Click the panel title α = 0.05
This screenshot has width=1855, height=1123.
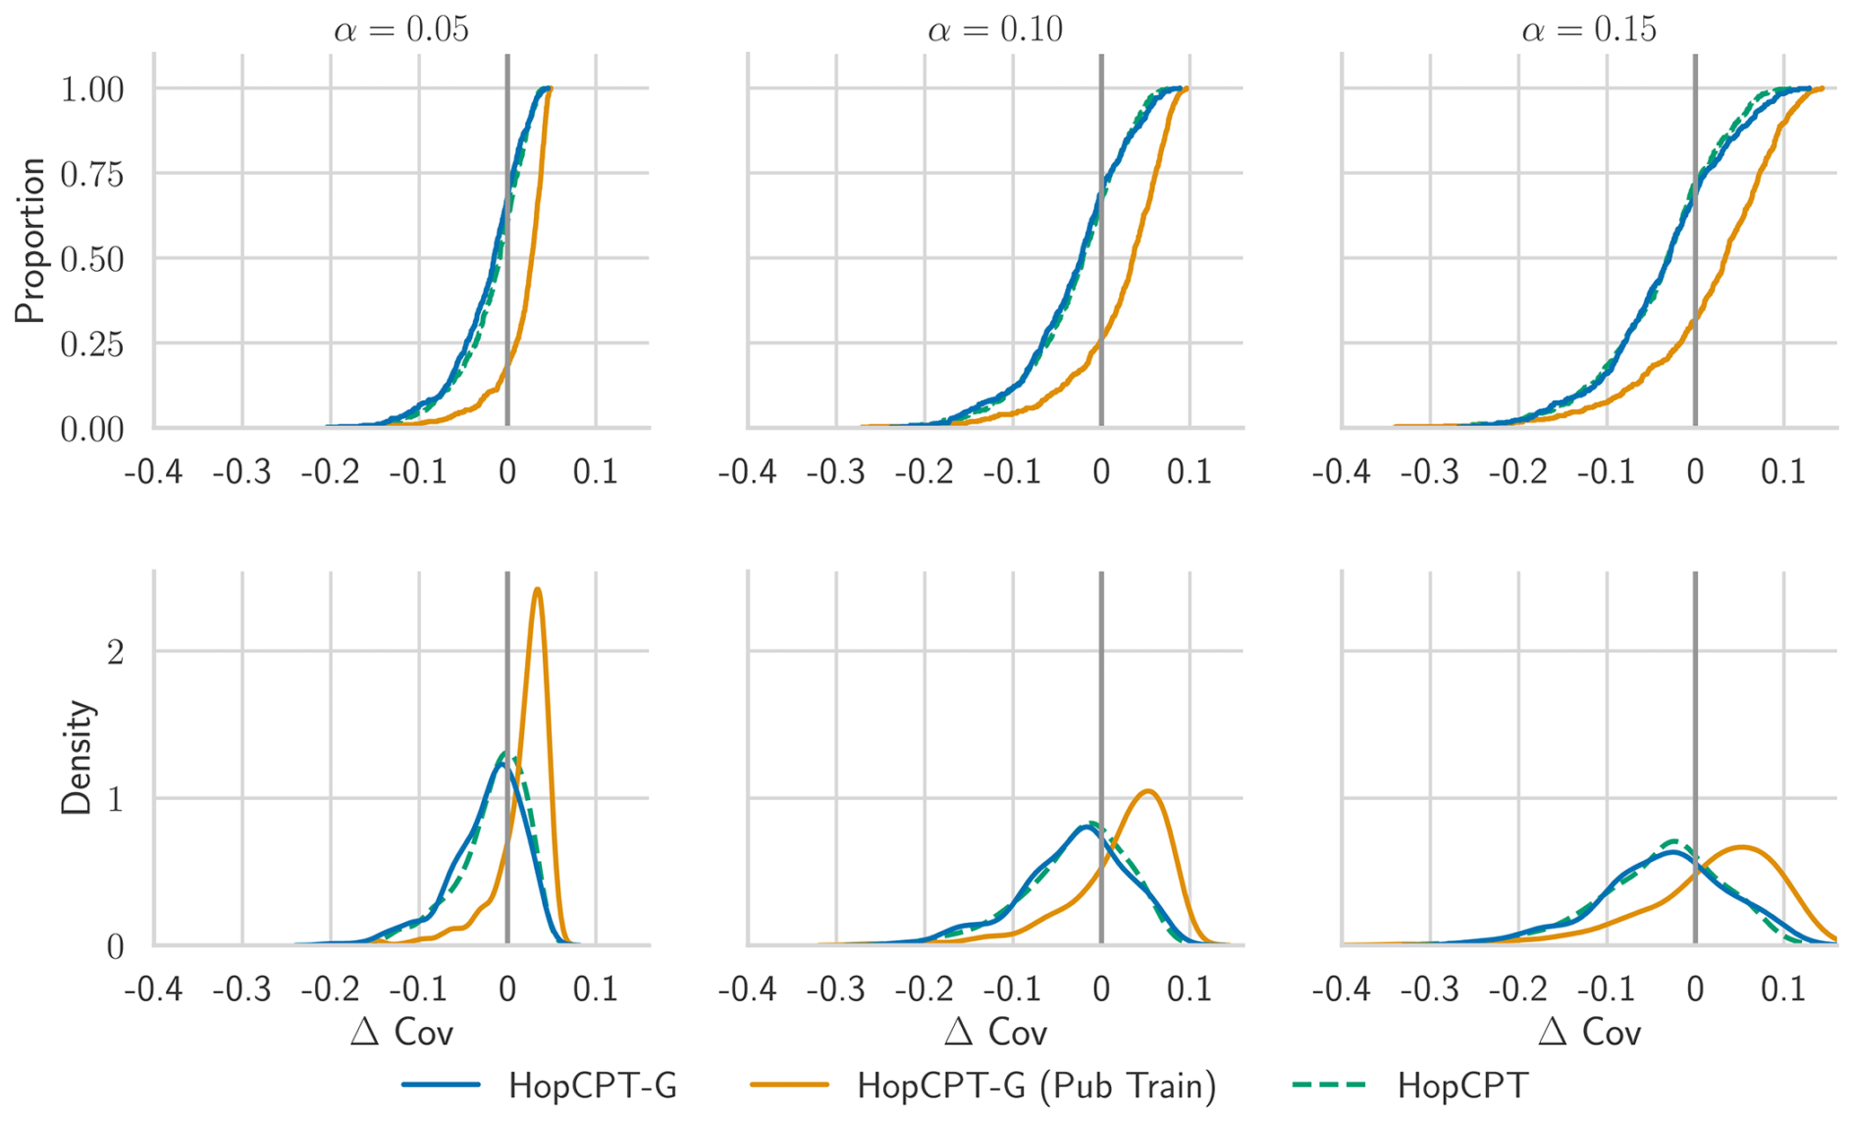point(401,30)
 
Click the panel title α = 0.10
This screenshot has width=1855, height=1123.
point(995,30)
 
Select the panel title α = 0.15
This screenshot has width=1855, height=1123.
point(1589,30)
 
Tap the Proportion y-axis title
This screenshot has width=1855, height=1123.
point(31,240)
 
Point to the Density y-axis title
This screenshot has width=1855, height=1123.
point(77,758)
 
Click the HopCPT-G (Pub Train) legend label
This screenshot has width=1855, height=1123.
point(1037,1085)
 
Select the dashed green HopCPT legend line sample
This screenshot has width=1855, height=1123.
point(1330,1085)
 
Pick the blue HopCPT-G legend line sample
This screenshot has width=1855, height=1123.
point(442,1085)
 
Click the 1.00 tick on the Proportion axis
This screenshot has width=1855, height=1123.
point(92,90)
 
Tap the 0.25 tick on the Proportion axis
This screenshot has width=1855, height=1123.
point(92,344)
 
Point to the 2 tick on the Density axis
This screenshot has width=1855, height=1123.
point(115,652)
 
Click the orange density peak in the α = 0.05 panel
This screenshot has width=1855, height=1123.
point(537,589)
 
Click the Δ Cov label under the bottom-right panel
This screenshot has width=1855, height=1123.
point(1589,1032)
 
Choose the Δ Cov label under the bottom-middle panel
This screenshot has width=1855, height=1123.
point(995,1032)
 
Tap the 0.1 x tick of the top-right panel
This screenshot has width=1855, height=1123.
point(1783,472)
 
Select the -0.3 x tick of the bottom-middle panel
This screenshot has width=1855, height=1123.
point(836,990)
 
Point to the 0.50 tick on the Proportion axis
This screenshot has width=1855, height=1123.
point(92,260)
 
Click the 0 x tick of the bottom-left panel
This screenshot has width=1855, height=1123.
point(507,990)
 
